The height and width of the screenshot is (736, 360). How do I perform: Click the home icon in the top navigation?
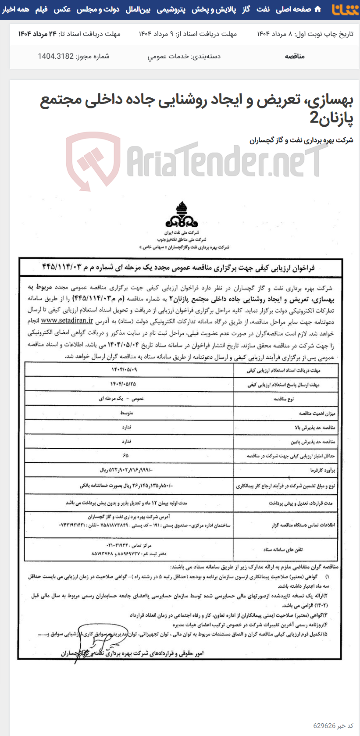(317, 9)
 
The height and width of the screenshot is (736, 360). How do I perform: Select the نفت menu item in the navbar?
(263, 9)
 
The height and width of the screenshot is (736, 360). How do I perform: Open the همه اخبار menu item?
(15, 9)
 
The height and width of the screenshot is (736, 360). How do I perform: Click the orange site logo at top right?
(345, 10)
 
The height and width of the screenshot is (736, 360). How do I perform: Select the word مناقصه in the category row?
(295, 56)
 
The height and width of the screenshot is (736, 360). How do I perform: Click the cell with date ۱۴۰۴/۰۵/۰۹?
(125, 370)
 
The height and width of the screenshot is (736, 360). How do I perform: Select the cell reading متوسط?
(127, 413)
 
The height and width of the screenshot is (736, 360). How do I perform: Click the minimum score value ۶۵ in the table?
(126, 455)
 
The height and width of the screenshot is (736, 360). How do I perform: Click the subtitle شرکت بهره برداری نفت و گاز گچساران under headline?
(301, 140)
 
